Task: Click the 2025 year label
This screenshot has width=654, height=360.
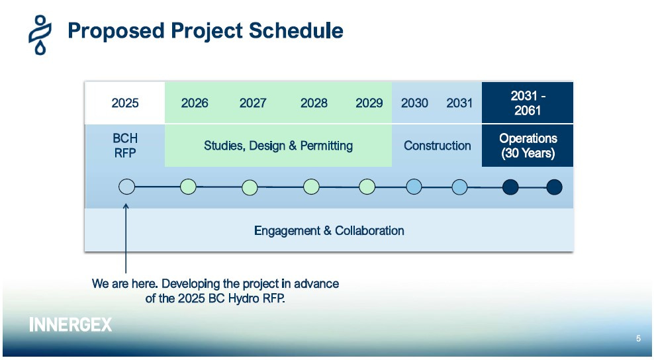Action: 124,103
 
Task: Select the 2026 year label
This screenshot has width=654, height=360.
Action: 195,103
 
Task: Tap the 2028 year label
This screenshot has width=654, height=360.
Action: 314,103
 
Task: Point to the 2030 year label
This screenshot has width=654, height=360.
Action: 414,103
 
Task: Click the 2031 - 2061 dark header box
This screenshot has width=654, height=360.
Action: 528,103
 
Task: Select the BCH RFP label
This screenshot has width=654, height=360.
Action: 125,146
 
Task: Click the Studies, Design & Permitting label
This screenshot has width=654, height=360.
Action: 278,146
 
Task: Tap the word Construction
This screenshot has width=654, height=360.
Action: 437,146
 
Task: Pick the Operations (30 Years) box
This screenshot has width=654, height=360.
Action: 528,146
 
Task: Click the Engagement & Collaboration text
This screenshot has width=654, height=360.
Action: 329,231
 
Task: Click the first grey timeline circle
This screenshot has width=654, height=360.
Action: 127,187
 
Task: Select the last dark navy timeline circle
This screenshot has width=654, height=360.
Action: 554,187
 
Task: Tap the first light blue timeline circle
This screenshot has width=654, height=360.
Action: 414,187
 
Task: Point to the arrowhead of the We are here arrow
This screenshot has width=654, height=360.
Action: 126,204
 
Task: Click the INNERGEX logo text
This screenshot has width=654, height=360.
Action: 70,324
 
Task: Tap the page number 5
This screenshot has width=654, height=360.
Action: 638,338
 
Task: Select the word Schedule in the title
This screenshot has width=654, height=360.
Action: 296,30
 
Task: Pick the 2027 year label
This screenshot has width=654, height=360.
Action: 253,103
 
